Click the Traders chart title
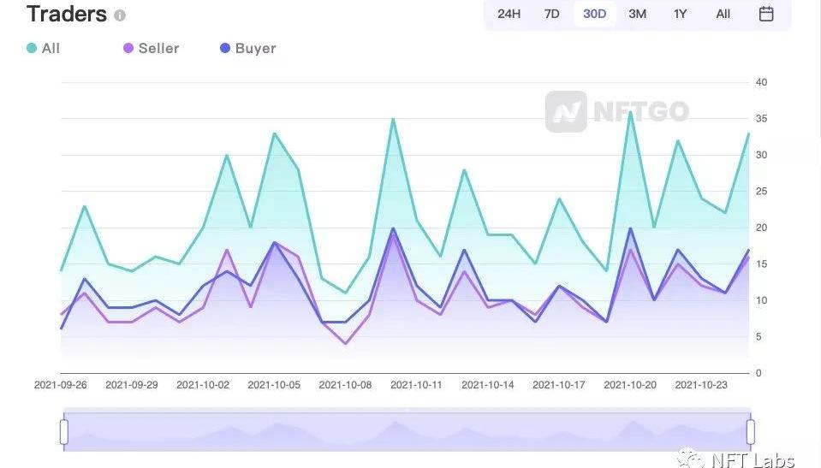(x=67, y=15)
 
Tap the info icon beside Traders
(x=120, y=15)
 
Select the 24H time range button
(x=509, y=14)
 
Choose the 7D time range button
(x=552, y=14)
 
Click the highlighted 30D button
(x=595, y=14)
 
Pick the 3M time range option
(x=638, y=14)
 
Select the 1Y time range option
(x=681, y=14)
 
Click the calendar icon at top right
(x=766, y=14)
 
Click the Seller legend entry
(x=152, y=48)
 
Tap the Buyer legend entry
(x=248, y=48)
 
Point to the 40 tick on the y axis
(x=761, y=82)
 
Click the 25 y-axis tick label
(x=761, y=191)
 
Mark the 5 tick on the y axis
(x=759, y=336)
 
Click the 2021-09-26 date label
(x=61, y=385)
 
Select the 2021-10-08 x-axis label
(x=345, y=385)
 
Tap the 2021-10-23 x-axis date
(x=701, y=385)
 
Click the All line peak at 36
(x=630, y=112)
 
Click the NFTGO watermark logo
(x=616, y=111)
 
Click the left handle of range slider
(x=64, y=432)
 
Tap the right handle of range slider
(x=751, y=432)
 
